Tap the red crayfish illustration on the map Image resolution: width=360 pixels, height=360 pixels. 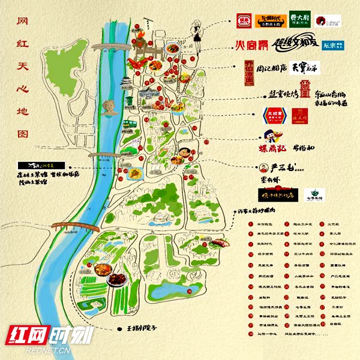139,61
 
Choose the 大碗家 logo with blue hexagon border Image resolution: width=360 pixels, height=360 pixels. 273,115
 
